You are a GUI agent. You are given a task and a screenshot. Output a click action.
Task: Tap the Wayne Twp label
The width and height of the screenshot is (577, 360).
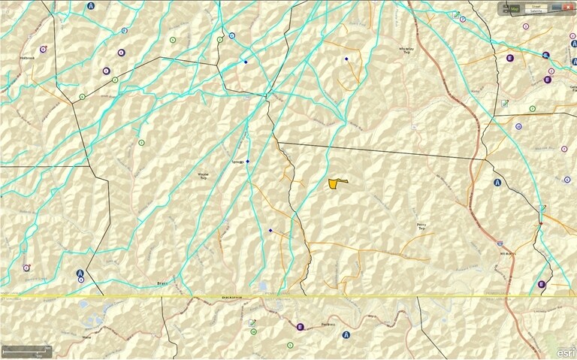click(202, 177)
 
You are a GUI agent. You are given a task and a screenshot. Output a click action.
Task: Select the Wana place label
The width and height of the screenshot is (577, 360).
click(87, 337)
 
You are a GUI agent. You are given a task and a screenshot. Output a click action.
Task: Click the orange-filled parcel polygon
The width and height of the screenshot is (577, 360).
click(337, 183)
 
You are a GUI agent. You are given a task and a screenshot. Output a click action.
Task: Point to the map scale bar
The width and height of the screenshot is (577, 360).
click(27, 351)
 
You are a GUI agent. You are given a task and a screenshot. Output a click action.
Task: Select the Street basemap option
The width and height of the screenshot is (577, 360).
click(536, 6)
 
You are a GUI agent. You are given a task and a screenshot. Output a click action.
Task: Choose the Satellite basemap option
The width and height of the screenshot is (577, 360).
click(536, 11)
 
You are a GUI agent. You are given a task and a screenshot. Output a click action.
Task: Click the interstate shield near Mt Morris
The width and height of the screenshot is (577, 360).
click(500, 244)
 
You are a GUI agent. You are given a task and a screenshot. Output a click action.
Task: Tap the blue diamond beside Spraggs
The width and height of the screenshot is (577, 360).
click(247, 162)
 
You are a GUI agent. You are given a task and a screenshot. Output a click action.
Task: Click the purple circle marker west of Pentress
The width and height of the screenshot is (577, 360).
click(300, 326)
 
